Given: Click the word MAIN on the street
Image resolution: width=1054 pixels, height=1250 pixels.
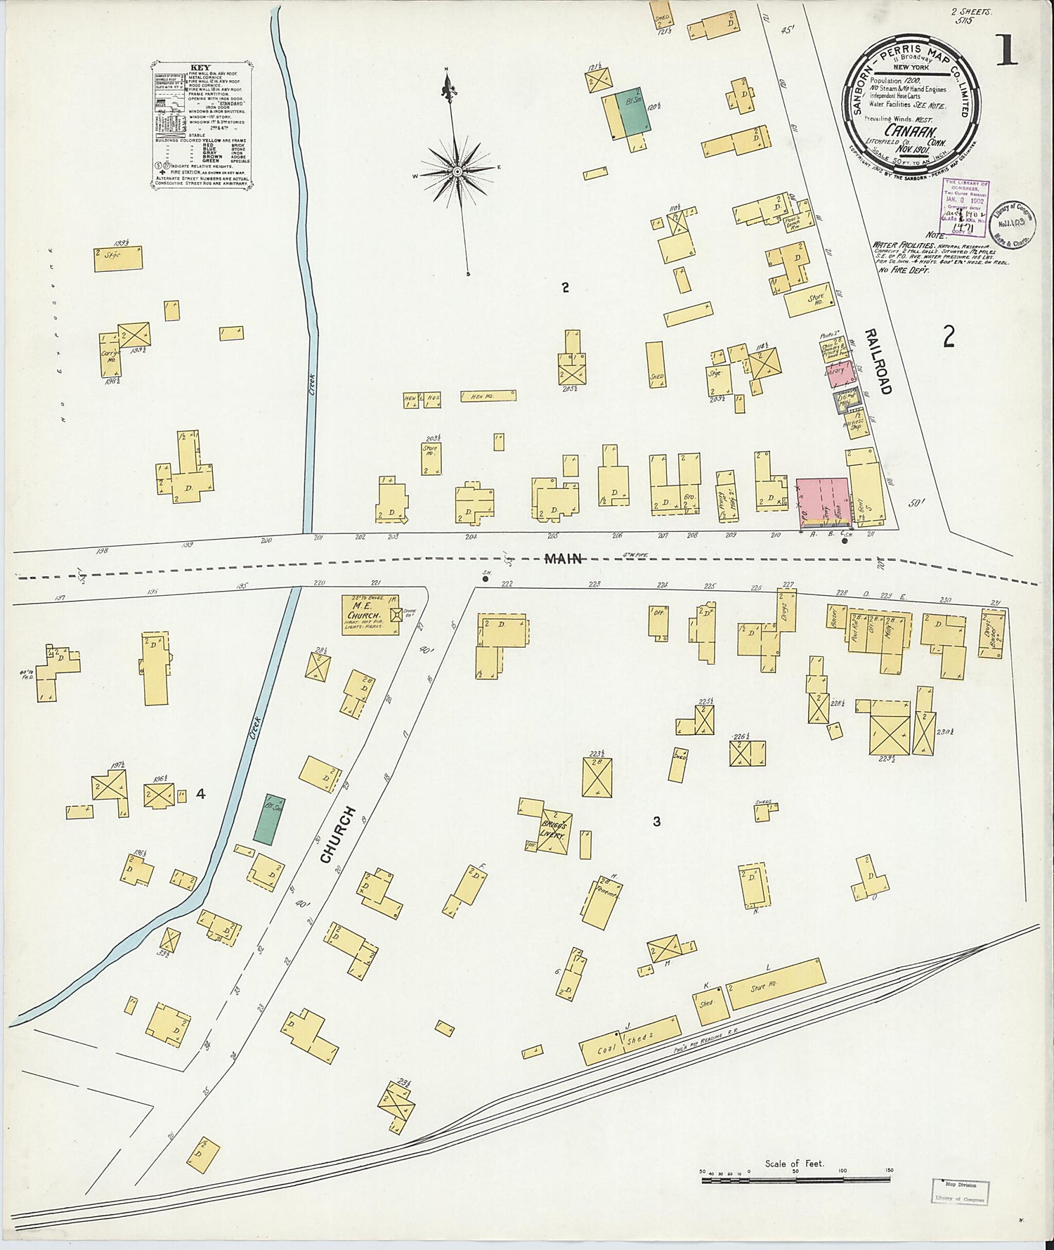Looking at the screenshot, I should pyautogui.click(x=564, y=559).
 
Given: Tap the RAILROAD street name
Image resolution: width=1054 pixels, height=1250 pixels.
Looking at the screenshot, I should pyautogui.click(x=878, y=360).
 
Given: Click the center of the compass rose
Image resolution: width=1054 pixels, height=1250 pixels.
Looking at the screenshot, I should pyautogui.click(x=457, y=171).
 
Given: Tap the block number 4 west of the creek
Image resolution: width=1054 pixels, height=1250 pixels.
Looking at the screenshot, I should pyautogui.click(x=201, y=794).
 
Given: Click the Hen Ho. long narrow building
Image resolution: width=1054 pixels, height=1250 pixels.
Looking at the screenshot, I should pyautogui.click(x=488, y=396).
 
